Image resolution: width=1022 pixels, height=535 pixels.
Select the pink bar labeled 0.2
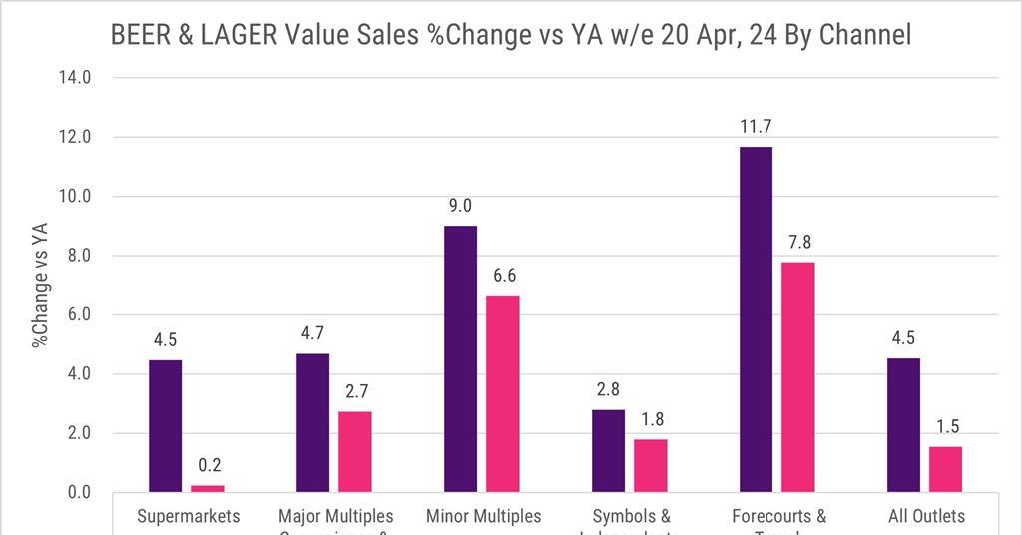point(207,488)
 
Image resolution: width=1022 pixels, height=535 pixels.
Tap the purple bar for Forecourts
point(756,319)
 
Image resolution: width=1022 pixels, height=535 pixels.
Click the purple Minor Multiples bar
point(460,359)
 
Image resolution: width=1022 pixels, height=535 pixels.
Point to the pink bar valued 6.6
point(502,394)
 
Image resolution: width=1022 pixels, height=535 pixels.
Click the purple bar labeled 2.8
point(608,451)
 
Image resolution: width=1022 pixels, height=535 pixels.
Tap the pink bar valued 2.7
point(354,452)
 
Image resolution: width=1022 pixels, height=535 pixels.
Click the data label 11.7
point(756,127)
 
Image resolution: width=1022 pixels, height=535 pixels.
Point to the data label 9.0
point(460,206)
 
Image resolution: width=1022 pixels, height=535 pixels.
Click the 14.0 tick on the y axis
point(76,77)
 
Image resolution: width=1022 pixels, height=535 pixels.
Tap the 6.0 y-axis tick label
point(76,314)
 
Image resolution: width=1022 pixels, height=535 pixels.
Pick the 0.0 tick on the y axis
point(76,493)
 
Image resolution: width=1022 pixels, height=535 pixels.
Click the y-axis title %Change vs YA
point(41,284)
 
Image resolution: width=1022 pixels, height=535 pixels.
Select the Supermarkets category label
point(189,516)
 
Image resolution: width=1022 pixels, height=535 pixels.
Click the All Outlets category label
point(927,516)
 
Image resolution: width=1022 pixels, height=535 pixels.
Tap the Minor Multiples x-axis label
point(483,516)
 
